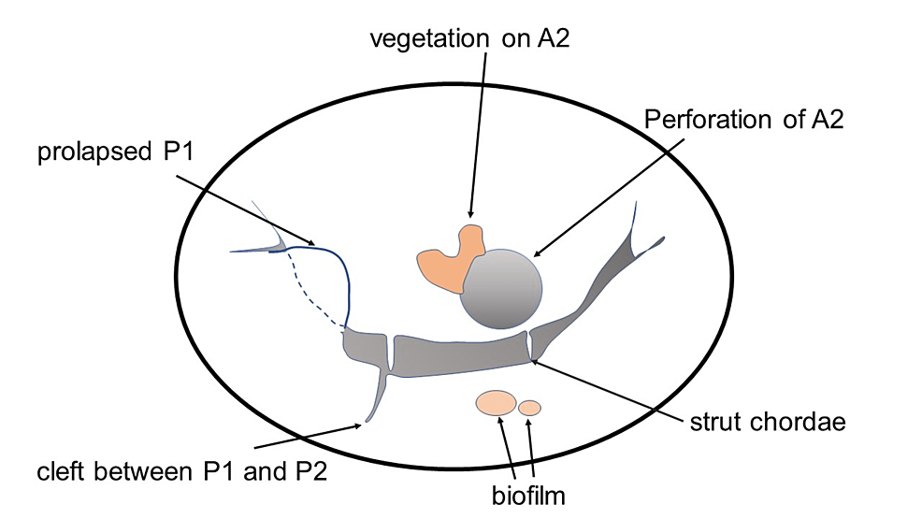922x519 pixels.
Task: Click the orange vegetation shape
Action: tap(445, 262)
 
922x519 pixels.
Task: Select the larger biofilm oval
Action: tap(496, 403)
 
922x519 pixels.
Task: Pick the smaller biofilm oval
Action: tap(529, 408)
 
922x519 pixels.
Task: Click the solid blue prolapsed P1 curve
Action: tap(346, 281)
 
